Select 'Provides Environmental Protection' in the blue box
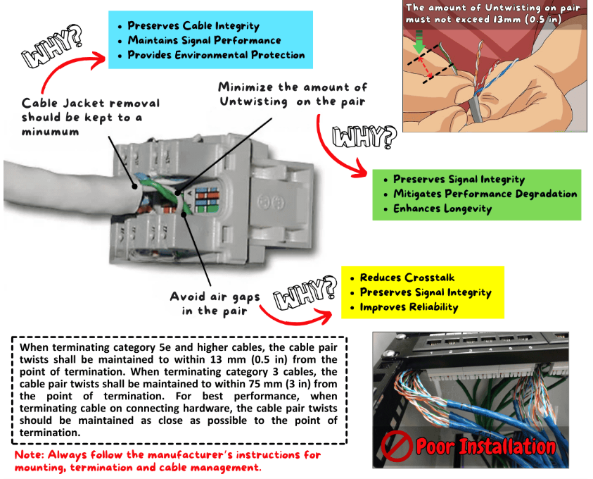[216, 55]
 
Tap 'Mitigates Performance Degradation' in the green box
[485, 194]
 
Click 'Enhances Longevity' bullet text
[442, 209]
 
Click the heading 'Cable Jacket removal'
[91, 104]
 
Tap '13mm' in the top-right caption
[516, 19]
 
